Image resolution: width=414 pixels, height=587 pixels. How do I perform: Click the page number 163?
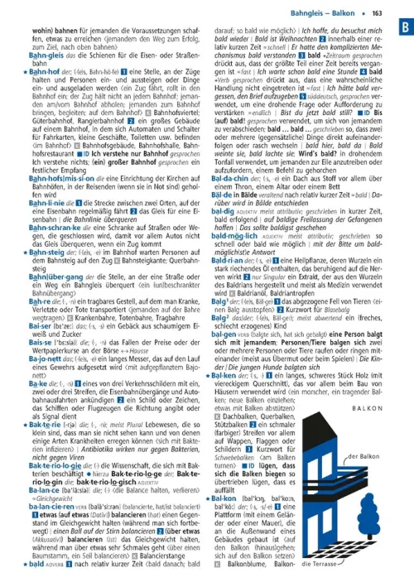[x=377, y=12]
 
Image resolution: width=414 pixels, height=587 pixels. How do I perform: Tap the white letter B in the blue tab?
[x=400, y=26]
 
